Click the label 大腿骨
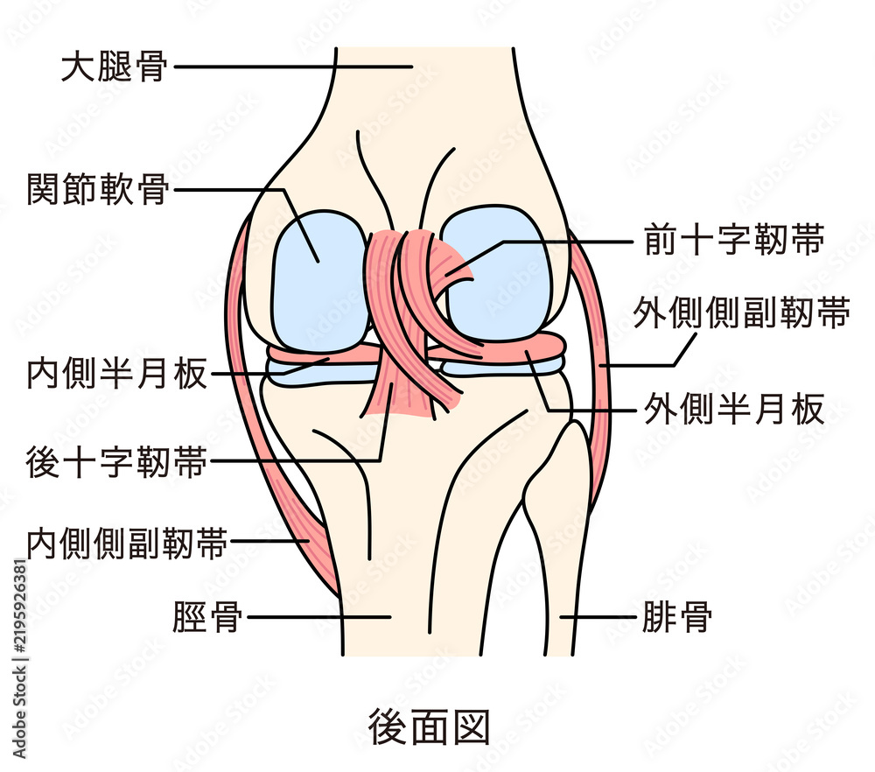coord(114,67)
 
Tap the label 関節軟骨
coord(98,189)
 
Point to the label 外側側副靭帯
coord(742,312)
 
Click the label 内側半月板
coord(117,373)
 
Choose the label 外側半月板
coord(734,409)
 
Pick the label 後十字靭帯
coord(116,461)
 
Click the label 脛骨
coord(207,617)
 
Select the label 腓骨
coord(677,617)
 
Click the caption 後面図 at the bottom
coord(429,726)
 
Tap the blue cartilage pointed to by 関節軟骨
coord(319,282)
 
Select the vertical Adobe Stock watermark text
coord(19,659)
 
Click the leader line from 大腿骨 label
coord(293,67)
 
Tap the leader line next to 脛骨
coord(319,617)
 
